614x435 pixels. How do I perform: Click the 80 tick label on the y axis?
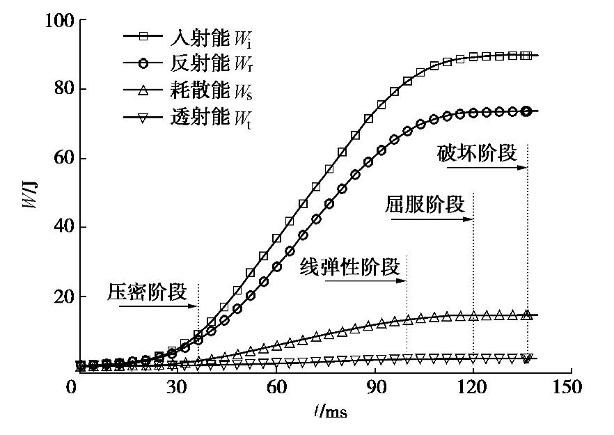(59, 90)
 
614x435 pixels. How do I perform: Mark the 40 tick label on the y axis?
(59, 228)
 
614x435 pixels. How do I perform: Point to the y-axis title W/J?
(29, 198)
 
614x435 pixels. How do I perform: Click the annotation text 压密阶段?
(148, 292)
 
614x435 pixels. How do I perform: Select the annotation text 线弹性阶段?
(350, 267)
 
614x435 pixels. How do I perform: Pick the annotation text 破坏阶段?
(478, 154)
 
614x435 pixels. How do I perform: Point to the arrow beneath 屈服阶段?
(432, 219)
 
